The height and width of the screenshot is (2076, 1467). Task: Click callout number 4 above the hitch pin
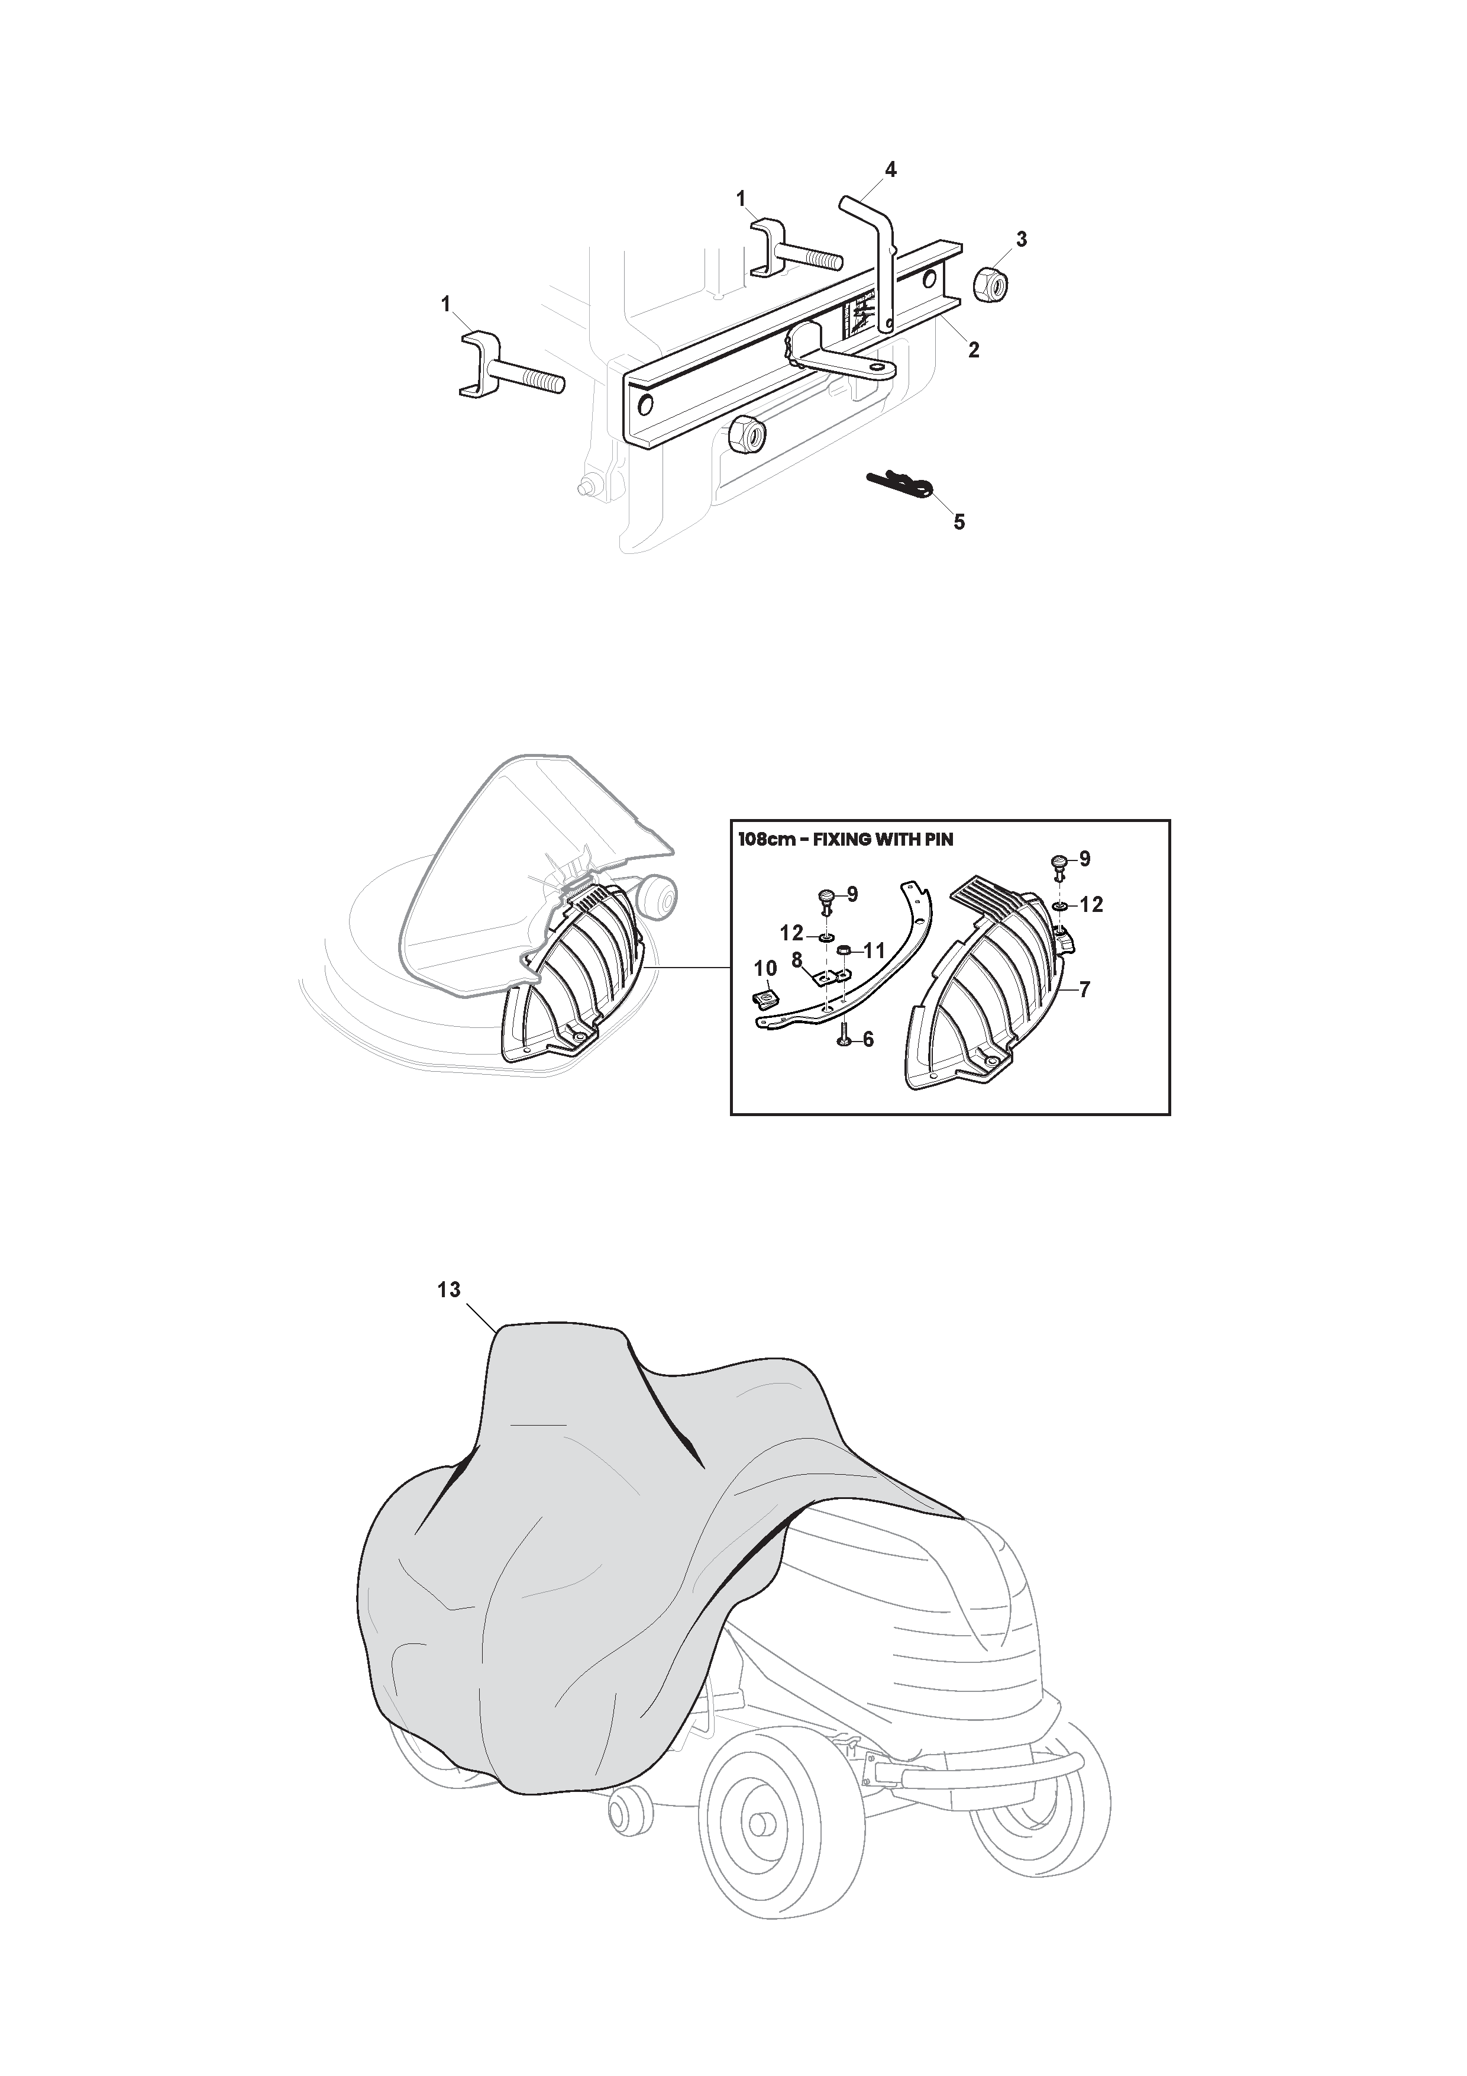pyautogui.click(x=890, y=169)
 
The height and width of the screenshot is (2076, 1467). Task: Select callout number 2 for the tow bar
pyautogui.click(x=974, y=349)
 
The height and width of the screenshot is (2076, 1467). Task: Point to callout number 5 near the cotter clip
pyautogui.click(x=959, y=522)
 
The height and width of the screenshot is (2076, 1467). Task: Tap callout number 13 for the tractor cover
pyautogui.click(x=449, y=1290)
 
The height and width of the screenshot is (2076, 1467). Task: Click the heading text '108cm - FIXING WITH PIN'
pyautogui.click(x=846, y=839)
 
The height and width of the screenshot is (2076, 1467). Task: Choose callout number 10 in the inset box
pyautogui.click(x=765, y=968)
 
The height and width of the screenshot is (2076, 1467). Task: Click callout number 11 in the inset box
pyautogui.click(x=874, y=951)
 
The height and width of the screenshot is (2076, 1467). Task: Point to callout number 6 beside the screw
pyautogui.click(x=868, y=1040)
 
